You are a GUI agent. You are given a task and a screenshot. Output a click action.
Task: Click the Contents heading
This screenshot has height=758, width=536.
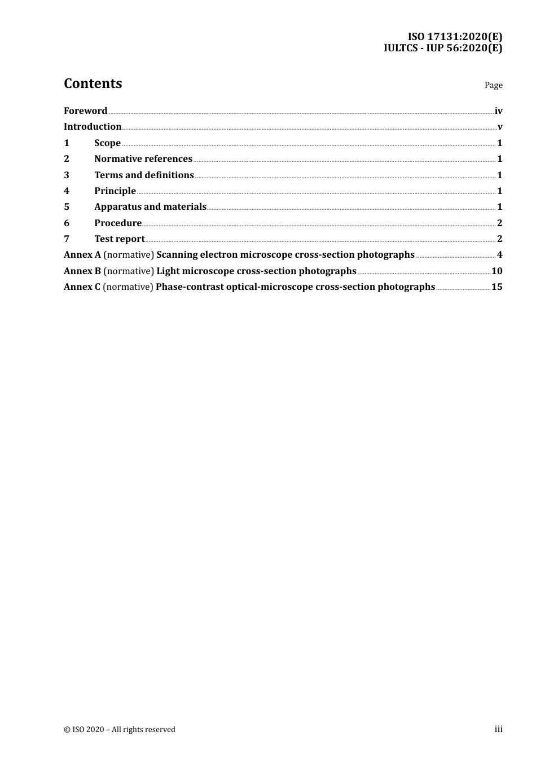(x=93, y=83)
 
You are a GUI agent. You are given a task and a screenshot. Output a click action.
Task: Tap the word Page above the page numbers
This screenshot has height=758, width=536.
(x=493, y=85)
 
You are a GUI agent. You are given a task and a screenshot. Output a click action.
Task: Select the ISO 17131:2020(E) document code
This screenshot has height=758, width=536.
(x=455, y=37)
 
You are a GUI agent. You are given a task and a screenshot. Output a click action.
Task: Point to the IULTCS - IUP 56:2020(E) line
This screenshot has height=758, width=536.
(x=443, y=48)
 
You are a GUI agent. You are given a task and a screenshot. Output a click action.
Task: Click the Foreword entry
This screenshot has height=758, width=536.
(x=85, y=111)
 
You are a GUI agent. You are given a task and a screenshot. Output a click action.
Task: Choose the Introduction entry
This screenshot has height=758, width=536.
(x=93, y=127)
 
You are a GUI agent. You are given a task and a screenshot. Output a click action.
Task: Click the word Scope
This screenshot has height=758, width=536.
(x=107, y=143)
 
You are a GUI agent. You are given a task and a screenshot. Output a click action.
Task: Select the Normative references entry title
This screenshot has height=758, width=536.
(x=143, y=159)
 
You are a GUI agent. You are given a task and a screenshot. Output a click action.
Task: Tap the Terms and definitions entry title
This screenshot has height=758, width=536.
(x=144, y=175)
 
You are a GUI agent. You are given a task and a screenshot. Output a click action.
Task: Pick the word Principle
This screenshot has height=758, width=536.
(x=115, y=191)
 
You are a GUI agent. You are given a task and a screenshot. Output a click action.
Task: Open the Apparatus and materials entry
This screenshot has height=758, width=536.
(x=150, y=207)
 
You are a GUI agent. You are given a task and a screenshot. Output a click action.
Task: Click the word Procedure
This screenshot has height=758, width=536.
(x=118, y=223)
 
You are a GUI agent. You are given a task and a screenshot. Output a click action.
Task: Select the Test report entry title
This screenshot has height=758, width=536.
(x=120, y=239)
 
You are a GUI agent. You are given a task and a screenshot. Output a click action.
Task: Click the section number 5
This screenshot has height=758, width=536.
(x=67, y=207)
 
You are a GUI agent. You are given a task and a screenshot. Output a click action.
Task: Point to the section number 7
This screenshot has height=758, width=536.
(x=67, y=239)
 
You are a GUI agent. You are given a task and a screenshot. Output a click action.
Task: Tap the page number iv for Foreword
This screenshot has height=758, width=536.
(x=498, y=111)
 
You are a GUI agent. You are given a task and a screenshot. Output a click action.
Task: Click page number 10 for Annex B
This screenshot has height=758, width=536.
(x=497, y=271)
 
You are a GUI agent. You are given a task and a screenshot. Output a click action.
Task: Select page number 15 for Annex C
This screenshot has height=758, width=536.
(x=497, y=287)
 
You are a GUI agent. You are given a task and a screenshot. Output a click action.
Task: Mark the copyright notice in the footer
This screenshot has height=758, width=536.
(x=120, y=730)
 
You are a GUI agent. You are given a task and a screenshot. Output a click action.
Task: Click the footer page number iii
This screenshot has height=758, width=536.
(x=498, y=729)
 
